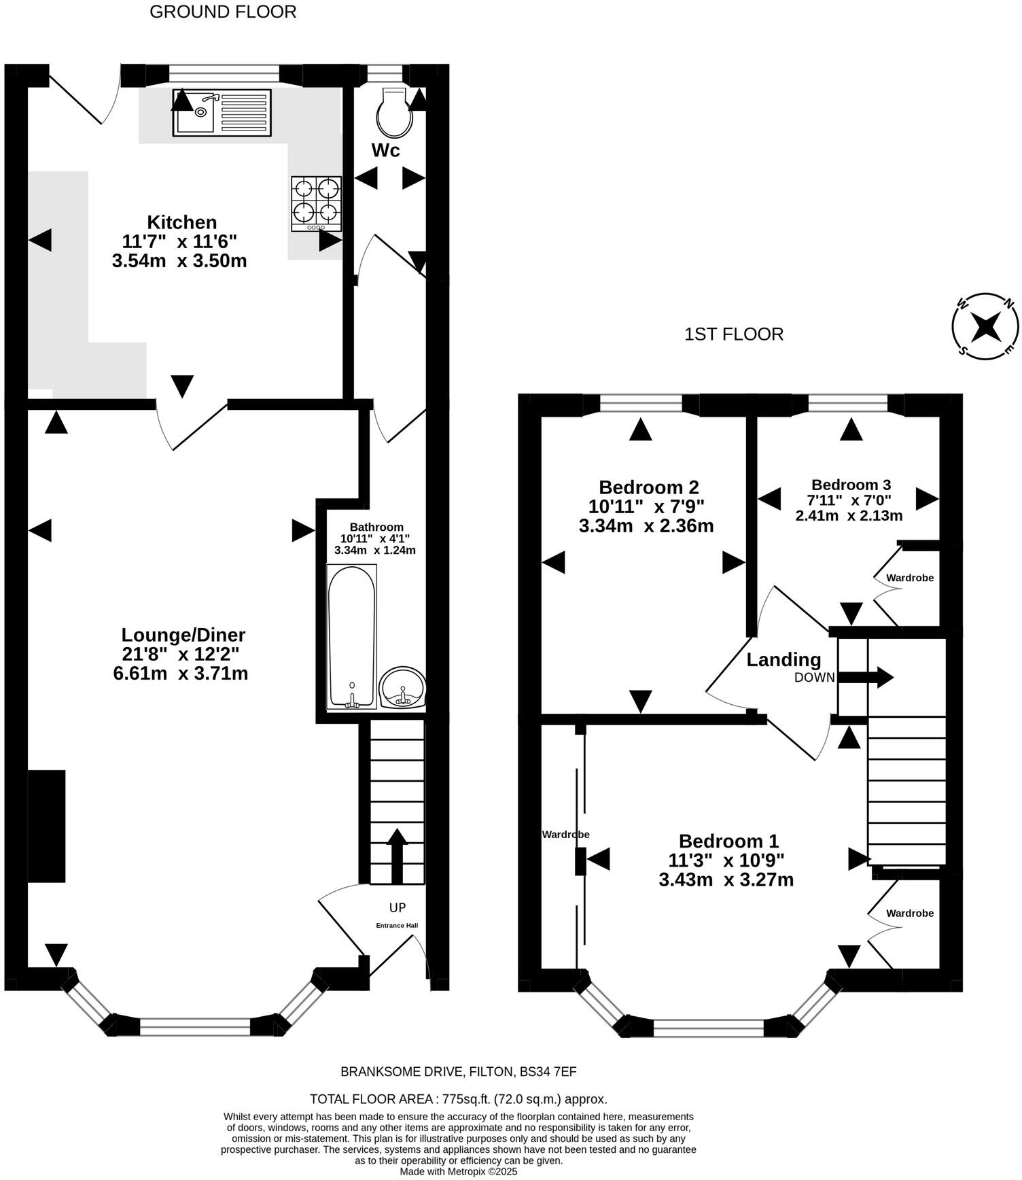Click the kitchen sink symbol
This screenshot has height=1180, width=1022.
point(222,111)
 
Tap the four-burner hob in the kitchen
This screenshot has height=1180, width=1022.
point(316,203)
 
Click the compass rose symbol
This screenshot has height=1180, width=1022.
point(985,327)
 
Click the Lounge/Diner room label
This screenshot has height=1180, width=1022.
point(183,635)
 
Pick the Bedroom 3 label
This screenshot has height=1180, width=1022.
point(851,485)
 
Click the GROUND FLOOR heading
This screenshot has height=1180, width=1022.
point(223,12)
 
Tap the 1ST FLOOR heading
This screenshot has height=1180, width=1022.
point(733,334)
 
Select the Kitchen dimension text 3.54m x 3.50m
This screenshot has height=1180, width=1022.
point(179,260)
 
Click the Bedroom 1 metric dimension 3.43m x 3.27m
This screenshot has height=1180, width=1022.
point(726,880)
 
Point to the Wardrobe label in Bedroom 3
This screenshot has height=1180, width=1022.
point(909,578)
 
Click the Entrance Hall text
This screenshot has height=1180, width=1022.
point(397,925)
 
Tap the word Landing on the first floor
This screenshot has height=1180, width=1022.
point(783,659)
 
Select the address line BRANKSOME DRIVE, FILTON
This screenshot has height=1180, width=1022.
point(458,1072)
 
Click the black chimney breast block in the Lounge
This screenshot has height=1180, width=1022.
point(46,826)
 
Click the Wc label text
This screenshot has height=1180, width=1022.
point(385,150)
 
